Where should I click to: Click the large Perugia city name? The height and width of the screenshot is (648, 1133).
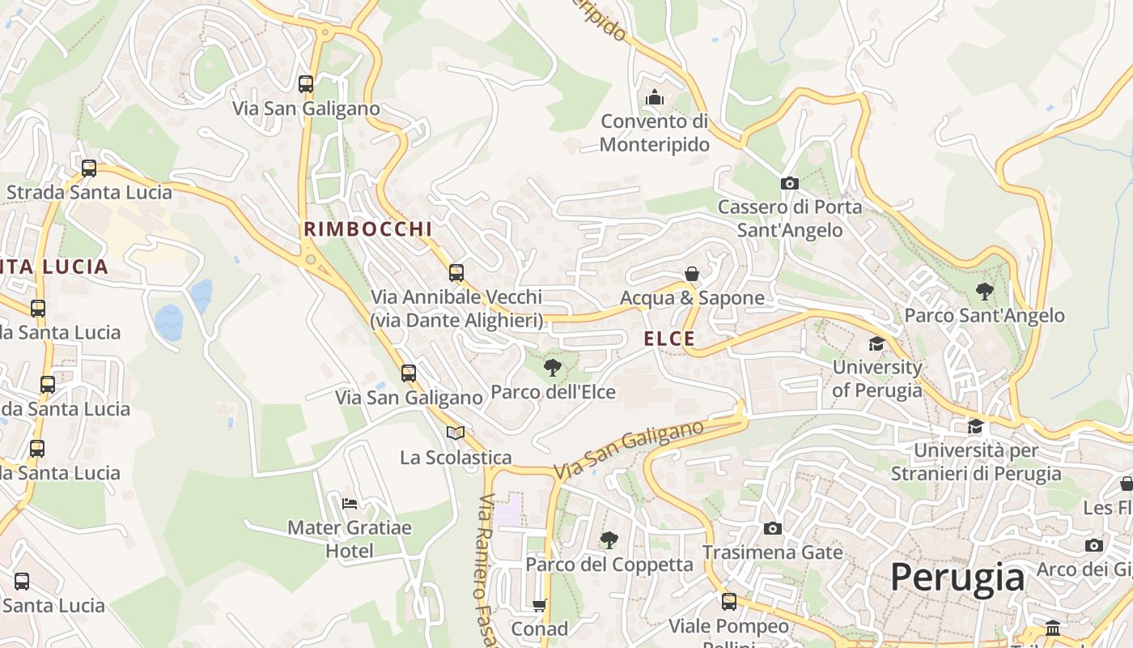(957, 578)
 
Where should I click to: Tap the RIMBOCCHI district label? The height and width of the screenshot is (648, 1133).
(368, 229)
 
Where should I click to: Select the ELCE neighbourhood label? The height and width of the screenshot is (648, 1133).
(669, 339)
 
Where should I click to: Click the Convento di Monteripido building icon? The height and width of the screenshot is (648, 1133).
(655, 98)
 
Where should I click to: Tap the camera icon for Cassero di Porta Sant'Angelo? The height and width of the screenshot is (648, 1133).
(790, 184)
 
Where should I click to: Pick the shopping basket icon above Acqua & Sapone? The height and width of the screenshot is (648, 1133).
(692, 274)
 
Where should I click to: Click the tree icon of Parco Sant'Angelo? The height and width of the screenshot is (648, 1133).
(984, 292)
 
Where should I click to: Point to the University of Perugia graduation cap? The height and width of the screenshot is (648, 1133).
(876, 344)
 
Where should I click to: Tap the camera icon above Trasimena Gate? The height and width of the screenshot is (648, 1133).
(773, 529)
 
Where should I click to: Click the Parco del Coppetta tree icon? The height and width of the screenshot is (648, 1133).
(609, 540)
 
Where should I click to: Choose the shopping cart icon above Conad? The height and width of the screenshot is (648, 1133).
(540, 605)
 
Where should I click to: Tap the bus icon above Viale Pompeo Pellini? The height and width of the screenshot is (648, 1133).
(729, 602)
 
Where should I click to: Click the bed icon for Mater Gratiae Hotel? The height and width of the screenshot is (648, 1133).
(350, 504)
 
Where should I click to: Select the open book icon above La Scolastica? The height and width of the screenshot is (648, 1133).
(456, 433)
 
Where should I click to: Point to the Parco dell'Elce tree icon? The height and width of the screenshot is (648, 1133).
(553, 369)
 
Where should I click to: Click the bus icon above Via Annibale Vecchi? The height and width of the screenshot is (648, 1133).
(456, 273)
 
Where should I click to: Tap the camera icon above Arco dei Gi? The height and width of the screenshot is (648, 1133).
(1094, 545)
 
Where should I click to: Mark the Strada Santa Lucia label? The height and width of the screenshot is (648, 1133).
(89, 193)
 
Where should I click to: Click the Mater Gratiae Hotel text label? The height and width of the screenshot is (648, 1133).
(350, 539)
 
